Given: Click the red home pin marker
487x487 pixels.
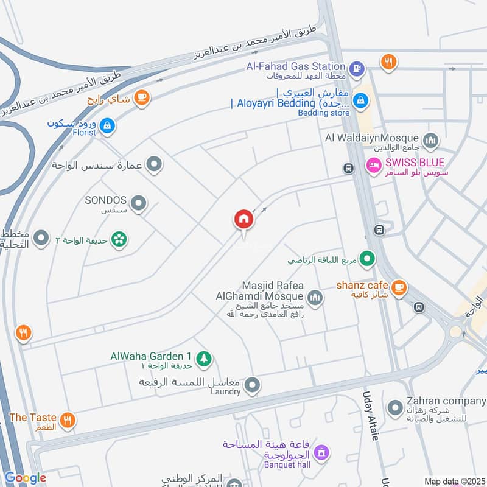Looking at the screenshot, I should [x=244, y=220].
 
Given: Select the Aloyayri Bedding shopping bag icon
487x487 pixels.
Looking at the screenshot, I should [x=361, y=98].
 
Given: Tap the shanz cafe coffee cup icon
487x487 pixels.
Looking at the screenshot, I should [x=399, y=288].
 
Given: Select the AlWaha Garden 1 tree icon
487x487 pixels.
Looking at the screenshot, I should [x=205, y=359].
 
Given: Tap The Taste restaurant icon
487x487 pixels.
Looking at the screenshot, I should [x=68, y=419].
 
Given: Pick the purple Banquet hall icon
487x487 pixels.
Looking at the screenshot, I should [x=323, y=453].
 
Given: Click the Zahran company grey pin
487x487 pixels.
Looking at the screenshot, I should [x=396, y=404].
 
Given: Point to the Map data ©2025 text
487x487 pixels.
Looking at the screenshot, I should [x=454, y=481].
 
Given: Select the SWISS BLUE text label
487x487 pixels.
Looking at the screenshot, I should [x=414, y=163].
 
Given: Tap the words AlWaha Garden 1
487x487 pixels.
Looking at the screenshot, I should [x=151, y=356].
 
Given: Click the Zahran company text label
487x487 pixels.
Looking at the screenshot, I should [x=446, y=401].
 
